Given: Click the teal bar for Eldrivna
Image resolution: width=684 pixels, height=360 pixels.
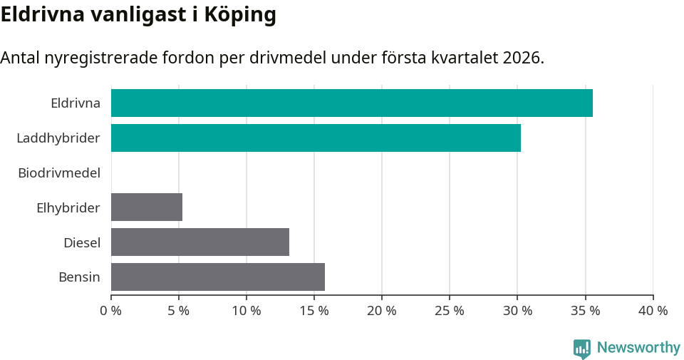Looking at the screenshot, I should (x=352, y=103).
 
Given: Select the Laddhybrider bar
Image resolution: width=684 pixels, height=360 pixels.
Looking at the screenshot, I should (x=316, y=138).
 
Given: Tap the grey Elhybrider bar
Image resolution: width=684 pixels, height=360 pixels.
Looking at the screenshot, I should (x=147, y=207).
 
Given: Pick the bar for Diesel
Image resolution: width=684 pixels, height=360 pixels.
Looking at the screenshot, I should (x=200, y=242).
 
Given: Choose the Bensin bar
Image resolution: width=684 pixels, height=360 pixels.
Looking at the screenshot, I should (x=218, y=277).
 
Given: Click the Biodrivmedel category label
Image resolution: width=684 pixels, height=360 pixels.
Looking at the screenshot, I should (x=59, y=173).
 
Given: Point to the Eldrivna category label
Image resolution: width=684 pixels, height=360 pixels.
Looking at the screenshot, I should (x=76, y=103).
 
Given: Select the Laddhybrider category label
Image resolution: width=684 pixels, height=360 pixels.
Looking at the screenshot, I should (x=58, y=138).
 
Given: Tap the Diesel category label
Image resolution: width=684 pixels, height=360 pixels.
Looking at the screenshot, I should (x=82, y=242).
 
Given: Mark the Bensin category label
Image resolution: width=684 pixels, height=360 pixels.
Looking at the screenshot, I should (x=79, y=277).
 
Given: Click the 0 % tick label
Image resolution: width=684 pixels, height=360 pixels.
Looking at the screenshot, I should (x=111, y=311).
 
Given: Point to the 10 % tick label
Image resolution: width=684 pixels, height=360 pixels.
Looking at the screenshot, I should (x=247, y=311).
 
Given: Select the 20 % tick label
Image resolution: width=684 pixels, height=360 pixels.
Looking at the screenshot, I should (x=382, y=311).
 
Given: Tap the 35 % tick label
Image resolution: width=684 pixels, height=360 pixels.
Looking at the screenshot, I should (x=585, y=311).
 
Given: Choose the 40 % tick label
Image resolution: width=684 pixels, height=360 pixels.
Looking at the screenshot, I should (x=653, y=311).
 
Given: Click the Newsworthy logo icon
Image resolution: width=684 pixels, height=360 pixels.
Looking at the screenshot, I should (x=582, y=348).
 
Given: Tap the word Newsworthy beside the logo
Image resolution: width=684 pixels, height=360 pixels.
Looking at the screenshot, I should (x=638, y=348).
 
